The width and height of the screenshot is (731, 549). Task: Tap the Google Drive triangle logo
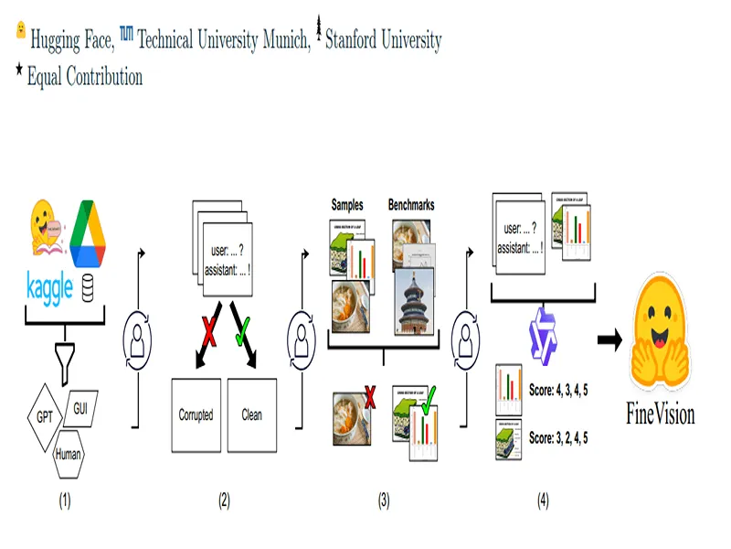(89, 228)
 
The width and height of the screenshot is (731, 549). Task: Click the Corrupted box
(196, 414)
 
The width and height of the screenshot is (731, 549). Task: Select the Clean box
(251, 414)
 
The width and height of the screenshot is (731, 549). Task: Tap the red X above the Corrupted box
(209, 333)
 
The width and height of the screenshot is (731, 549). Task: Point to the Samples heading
(348, 206)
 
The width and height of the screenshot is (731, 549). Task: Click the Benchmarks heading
(410, 206)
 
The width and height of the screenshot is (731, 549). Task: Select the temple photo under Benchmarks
(416, 302)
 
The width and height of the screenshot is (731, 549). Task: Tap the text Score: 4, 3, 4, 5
(557, 390)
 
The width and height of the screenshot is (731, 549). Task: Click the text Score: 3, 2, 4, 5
(557, 438)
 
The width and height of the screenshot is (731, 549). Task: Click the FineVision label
(660, 414)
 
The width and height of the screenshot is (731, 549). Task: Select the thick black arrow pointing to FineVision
(609, 340)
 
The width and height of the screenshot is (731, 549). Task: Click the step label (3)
(384, 501)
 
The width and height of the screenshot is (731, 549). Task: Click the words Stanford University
(383, 40)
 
